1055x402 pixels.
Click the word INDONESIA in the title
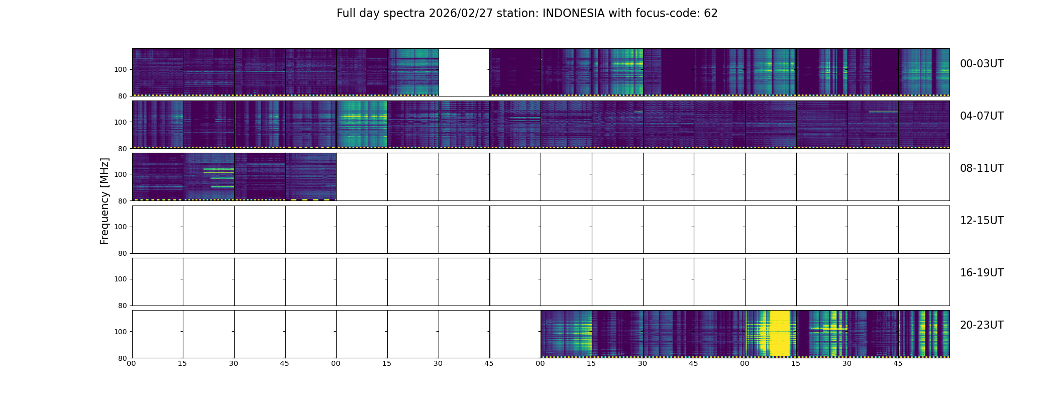573,14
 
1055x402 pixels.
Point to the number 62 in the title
710,14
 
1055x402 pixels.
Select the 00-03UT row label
982,64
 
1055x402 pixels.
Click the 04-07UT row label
982,116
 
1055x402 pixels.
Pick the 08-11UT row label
982,168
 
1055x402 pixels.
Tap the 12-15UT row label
982,221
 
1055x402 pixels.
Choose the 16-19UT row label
982,273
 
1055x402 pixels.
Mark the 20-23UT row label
982,325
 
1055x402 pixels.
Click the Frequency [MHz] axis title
104,201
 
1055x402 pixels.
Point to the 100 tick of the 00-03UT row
121,70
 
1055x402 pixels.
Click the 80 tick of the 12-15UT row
123,253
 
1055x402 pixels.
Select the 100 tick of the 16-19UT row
121,279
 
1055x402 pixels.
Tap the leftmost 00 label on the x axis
131,363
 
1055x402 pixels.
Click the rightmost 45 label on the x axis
898,363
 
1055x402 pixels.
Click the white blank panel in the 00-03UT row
464,72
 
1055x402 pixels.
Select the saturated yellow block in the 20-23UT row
780,333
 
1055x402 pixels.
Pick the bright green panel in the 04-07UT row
362,124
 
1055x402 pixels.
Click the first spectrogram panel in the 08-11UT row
158,176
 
